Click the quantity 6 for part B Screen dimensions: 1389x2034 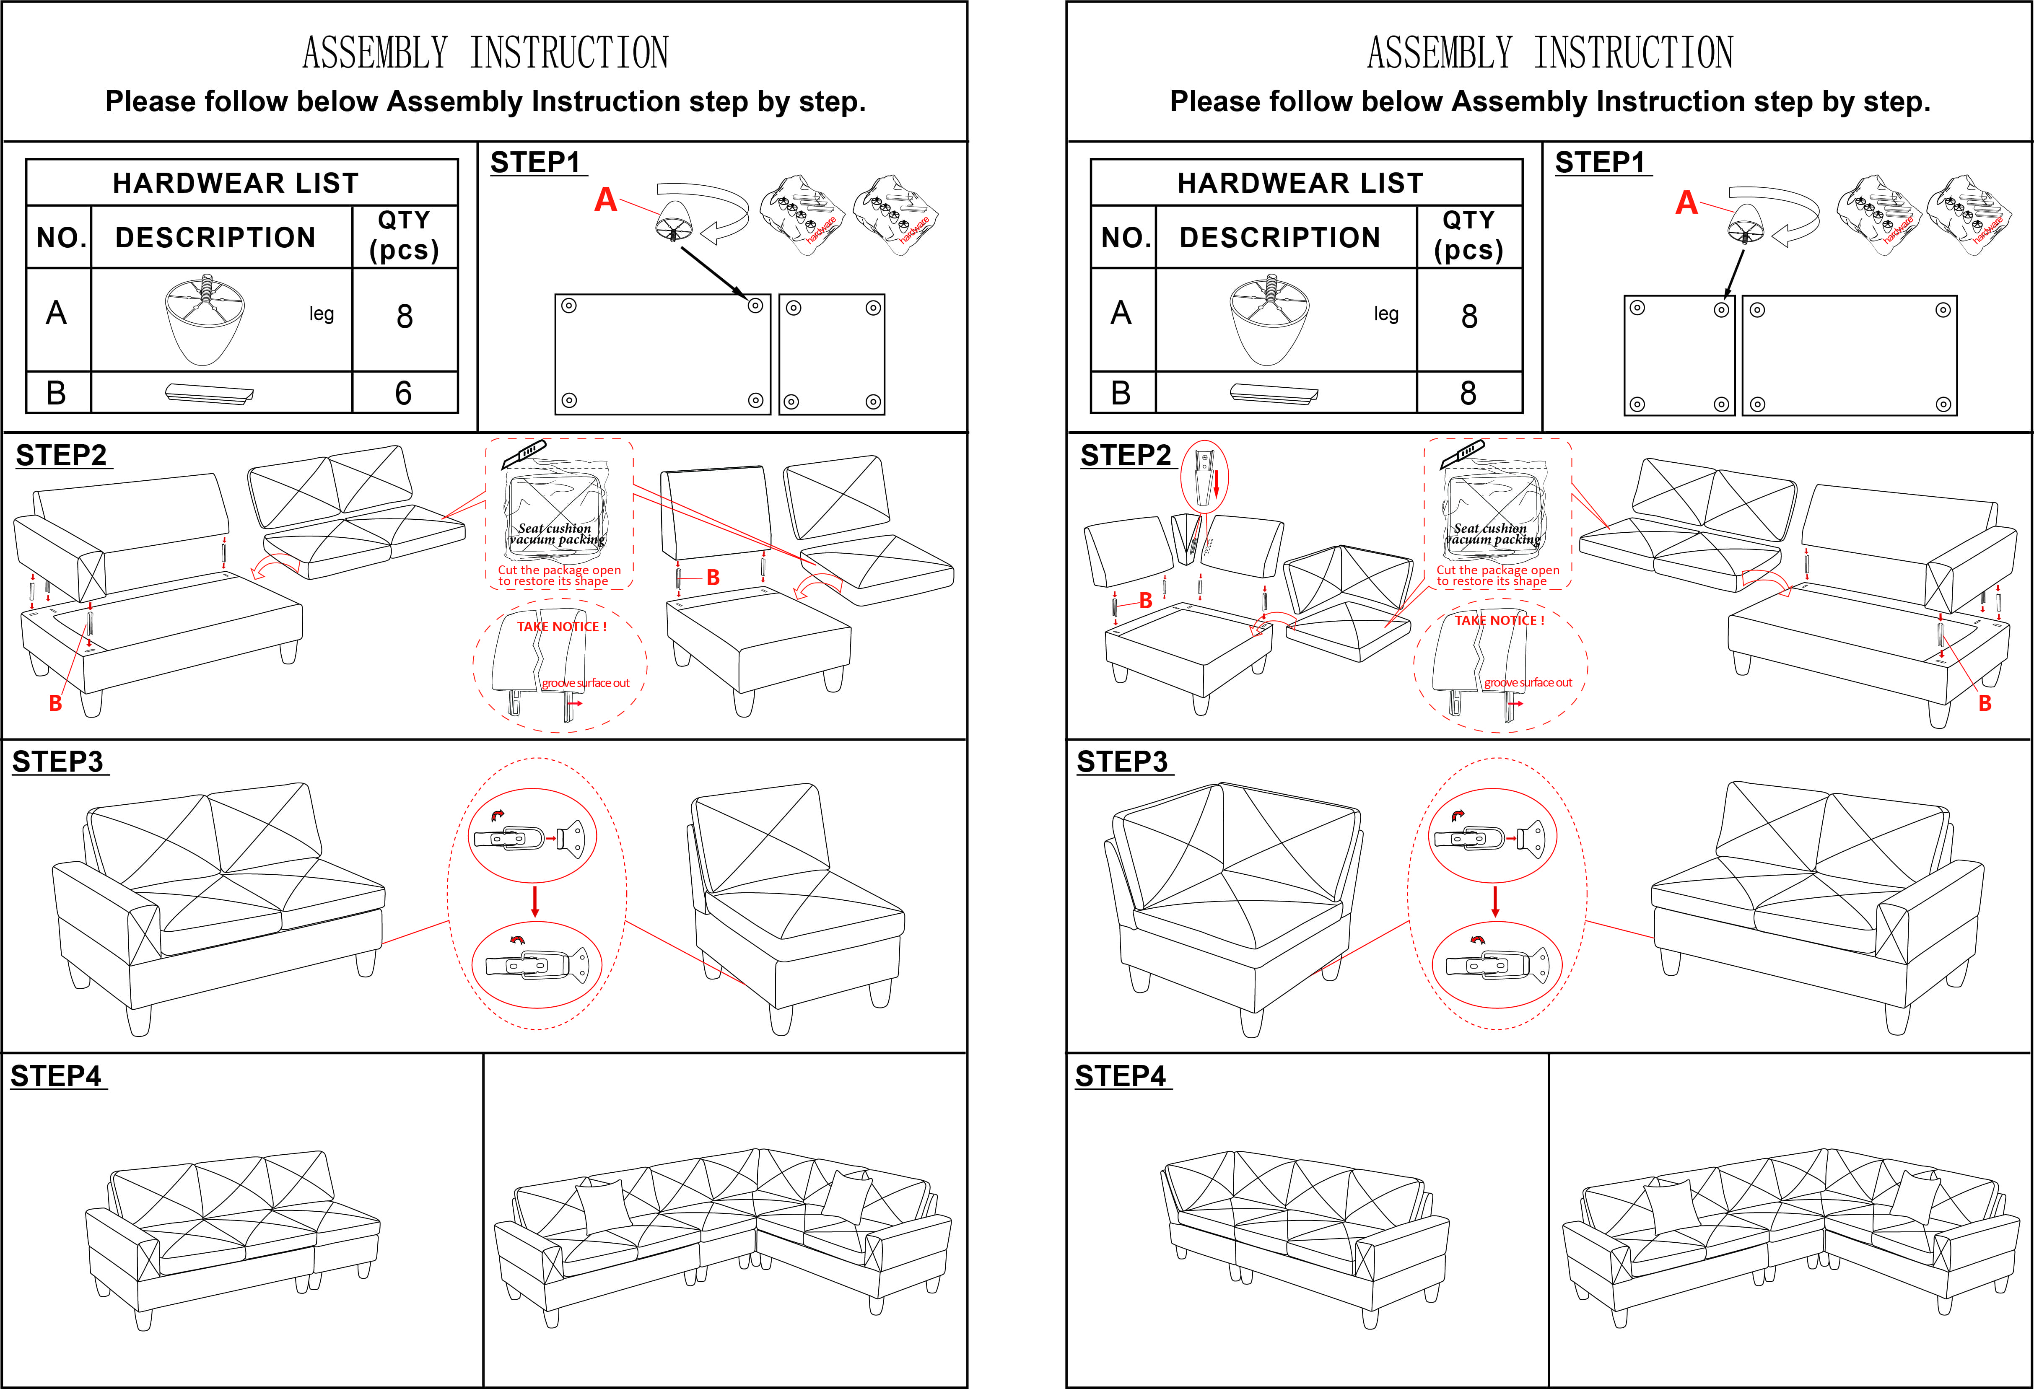pyautogui.click(x=403, y=393)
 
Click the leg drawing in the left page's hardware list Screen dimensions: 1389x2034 pyautogui.click(x=205, y=319)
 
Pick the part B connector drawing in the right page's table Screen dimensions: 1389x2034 pyautogui.click(x=1274, y=394)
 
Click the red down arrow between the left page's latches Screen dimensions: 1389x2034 pyautogui.click(x=535, y=902)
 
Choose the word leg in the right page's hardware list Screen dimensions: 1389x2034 pyautogui.click(x=1385, y=314)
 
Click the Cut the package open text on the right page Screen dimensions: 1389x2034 pyautogui.click(x=1497, y=570)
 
